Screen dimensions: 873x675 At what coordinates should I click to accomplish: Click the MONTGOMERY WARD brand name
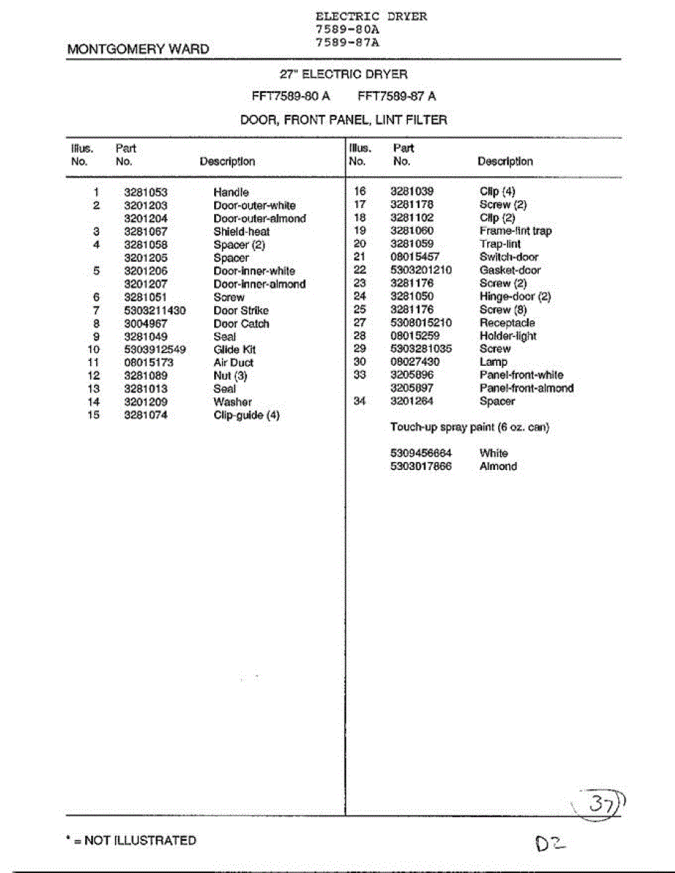(x=138, y=49)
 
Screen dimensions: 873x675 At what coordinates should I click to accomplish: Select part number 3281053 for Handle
(x=146, y=192)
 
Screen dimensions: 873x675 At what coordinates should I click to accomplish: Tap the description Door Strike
(x=241, y=311)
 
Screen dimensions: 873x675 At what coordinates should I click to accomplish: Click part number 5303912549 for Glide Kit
(x=155, y=349)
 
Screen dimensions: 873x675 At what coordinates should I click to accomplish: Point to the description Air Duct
(x=234, y=362)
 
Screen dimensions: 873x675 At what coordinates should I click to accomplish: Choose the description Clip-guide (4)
(x=246, y=415)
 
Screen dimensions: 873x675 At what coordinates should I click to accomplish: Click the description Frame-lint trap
(x=516, y=231)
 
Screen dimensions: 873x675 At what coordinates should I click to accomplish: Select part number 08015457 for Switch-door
(x=415, y=257)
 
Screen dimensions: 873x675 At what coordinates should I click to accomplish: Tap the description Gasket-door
(x=510, y=270)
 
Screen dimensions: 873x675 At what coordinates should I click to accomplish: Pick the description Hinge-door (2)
(x=515, y=296)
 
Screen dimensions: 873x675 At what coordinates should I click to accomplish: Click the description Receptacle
(x=507, y=322)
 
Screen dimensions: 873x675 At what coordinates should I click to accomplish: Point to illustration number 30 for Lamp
(x=359, y=362)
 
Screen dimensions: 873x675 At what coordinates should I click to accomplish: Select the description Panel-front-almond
(x=526, y=388)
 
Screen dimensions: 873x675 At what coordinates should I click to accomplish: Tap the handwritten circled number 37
(x=601, y=803)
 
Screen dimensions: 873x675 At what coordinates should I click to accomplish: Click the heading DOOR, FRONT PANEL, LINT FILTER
(x=344, y=120)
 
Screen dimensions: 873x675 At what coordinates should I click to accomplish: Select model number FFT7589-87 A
(x=397, y=96)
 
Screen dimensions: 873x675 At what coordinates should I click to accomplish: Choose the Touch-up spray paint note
(x=470, y=427)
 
